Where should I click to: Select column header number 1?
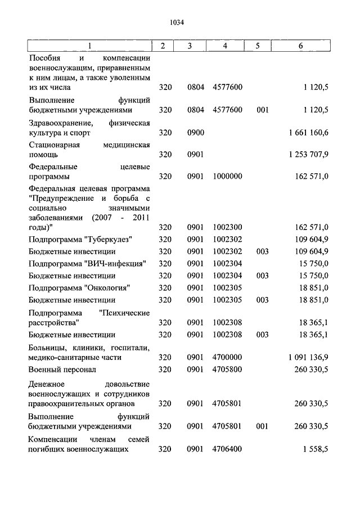point(89,46)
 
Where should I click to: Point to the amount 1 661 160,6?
point(308,133)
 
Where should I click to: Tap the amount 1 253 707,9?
point(308,154)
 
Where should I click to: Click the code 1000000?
point(228,176)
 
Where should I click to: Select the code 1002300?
point(228,227)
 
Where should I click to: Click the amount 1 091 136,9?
point(308,357)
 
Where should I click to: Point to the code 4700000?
point(228,357)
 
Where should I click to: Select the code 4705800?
point(228,370)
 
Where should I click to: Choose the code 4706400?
point(228,449)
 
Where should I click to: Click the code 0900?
point(195,133)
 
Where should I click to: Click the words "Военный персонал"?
point(62,370)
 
